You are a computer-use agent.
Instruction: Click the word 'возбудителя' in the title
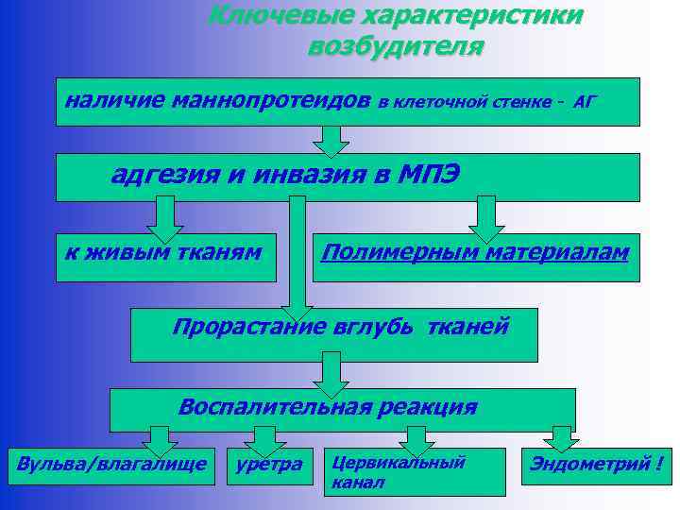tap(395, 46)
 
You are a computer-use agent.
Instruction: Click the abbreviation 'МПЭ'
tap(430, 175)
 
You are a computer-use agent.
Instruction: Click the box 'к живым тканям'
tap(166, 258)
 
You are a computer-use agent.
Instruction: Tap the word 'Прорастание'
tap(248, 327)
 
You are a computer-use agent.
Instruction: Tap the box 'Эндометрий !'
tap(595, 464)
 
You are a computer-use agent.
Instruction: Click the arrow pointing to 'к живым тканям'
tap(166, 217)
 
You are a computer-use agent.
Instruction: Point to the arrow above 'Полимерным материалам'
tap(486, 217)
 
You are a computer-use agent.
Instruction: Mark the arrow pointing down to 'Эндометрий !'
tap(562, 438)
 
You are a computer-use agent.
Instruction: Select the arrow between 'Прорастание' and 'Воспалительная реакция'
tap(331, 373)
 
